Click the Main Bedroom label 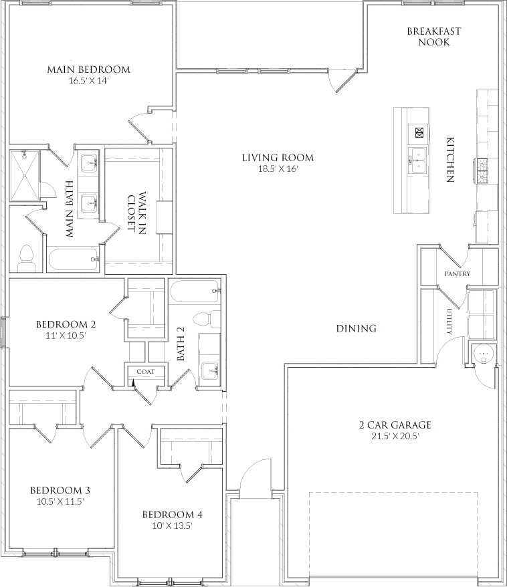tap(88, 70)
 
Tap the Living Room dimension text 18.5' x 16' tap(278, 169)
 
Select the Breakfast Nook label tap(433, 37)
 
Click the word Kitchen tap(450, 160)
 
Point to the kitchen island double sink tap(417, 160)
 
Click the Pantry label tap(458, 274)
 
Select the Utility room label tap(449, 322)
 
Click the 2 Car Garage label tap(395, 425)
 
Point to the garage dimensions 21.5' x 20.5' tap(395, 436)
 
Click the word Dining tap(356, 328)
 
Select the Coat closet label tap(145, 371)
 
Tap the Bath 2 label tap(181, 344)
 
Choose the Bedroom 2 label tap(66, 325)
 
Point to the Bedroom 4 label tap(172, 515)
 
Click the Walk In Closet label tap(136, 213)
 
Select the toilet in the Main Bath tap(26, 257)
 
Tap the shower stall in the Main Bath tap(24, 175)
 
